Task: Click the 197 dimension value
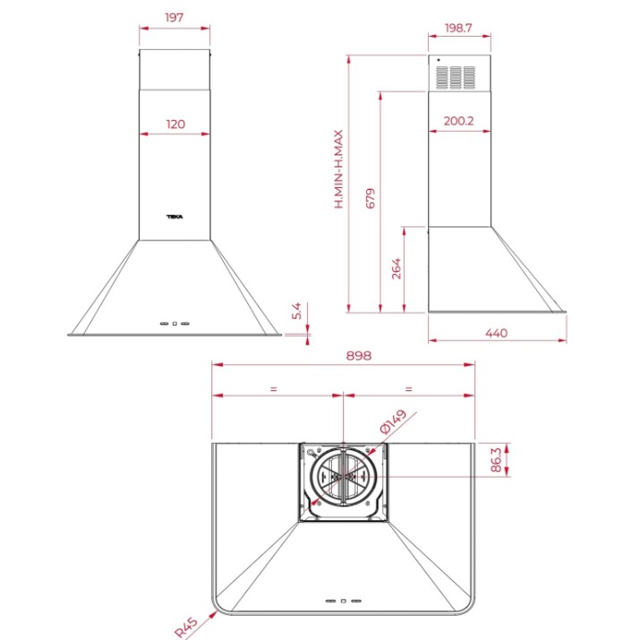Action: (x=175, y=18)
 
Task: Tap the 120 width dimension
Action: (x=175, y=124)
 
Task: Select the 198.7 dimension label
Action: (x=458, y=28)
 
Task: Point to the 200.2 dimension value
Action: (x=459, y=121)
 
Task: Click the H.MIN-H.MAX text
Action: (x=338, y=169)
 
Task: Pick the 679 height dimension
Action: (x=371, y=199)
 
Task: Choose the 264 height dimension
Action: (x=396, y=269)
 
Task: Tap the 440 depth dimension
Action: (x=496, y=333)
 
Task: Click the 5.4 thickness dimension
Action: (x=296, y=311)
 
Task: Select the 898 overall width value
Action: (x=359, y=355)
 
